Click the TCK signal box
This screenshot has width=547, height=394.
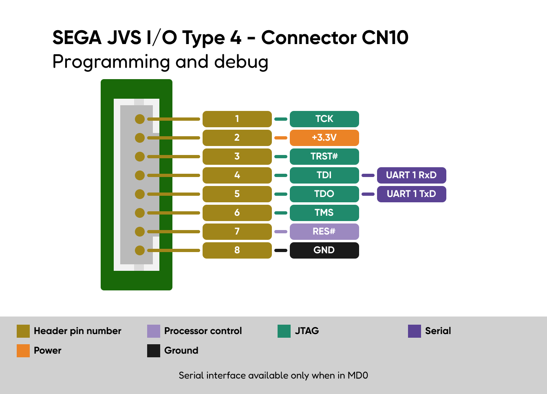point(324,119)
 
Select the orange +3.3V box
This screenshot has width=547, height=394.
point(324,138)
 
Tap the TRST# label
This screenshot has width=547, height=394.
point(324,157)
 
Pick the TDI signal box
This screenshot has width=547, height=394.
point(324,175)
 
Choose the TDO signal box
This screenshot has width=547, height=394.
point(324,194)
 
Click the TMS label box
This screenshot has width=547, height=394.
point(324,213)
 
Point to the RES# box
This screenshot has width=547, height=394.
point(324,231)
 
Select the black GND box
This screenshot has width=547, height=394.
point(324,250)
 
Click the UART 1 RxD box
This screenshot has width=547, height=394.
point(411,175)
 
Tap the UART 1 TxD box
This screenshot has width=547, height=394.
point(411,194)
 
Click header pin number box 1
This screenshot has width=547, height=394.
point(237,119)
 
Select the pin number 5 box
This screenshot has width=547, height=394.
point(237,194)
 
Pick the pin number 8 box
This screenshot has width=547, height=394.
point(237,250)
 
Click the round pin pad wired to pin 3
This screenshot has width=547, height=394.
point(140,157)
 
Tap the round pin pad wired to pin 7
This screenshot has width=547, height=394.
point(140,231)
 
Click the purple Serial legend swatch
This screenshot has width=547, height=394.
point(415,331)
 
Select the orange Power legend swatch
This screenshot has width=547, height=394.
point(23,351)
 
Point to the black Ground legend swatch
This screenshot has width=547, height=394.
point(154,351)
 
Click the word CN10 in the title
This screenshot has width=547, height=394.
point(385,38)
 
